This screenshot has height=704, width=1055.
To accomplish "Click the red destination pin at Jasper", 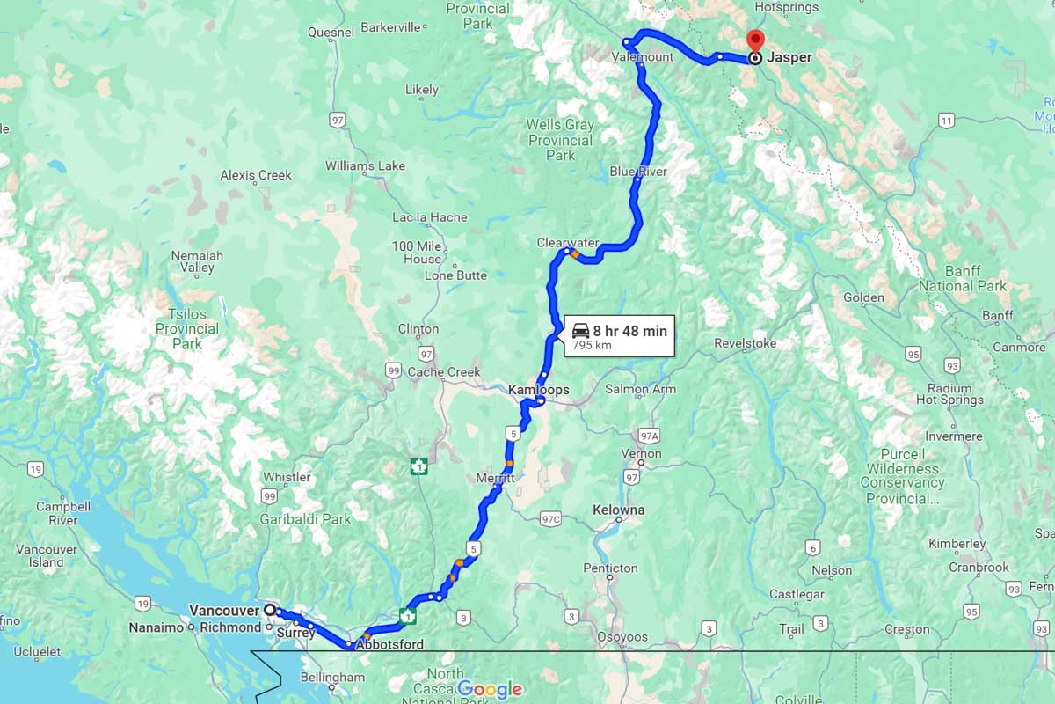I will [x=754, y=40].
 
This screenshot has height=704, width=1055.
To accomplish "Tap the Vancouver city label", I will [x=224, y=610].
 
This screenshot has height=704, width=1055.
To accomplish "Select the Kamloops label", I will [x=538, y=389].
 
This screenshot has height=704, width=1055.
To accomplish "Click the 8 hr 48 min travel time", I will [x=629, y=331].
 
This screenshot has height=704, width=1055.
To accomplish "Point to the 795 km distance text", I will [x=592, y=346].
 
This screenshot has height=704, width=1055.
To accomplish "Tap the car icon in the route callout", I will [x=580, y=331].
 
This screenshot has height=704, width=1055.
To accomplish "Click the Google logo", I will [x=490, y=689].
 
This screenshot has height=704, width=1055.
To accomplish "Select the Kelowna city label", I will [x=618, y=510].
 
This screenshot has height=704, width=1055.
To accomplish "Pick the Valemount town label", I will [x=642, y=57].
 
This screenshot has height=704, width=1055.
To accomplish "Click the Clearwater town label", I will [x=568, y=242].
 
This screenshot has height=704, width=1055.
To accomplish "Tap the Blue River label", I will [x=638, y=172].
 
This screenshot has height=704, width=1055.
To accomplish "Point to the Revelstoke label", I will [x=745, y=343].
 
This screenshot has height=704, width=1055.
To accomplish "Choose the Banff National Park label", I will [x=963, y=279].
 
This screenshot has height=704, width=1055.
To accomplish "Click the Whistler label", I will [x=287, y=477].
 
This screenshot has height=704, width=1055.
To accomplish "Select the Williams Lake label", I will [x=365, y=165].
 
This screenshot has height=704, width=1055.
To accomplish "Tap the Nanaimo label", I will [x=156, y=628].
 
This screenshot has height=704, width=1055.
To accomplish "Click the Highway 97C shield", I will [x=551, y=518].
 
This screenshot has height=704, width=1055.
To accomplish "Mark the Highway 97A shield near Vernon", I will [x=649, y=436].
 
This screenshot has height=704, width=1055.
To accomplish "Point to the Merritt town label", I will [x=495, y=477].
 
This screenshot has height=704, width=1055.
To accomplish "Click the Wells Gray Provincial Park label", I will [x=560, y=139].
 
